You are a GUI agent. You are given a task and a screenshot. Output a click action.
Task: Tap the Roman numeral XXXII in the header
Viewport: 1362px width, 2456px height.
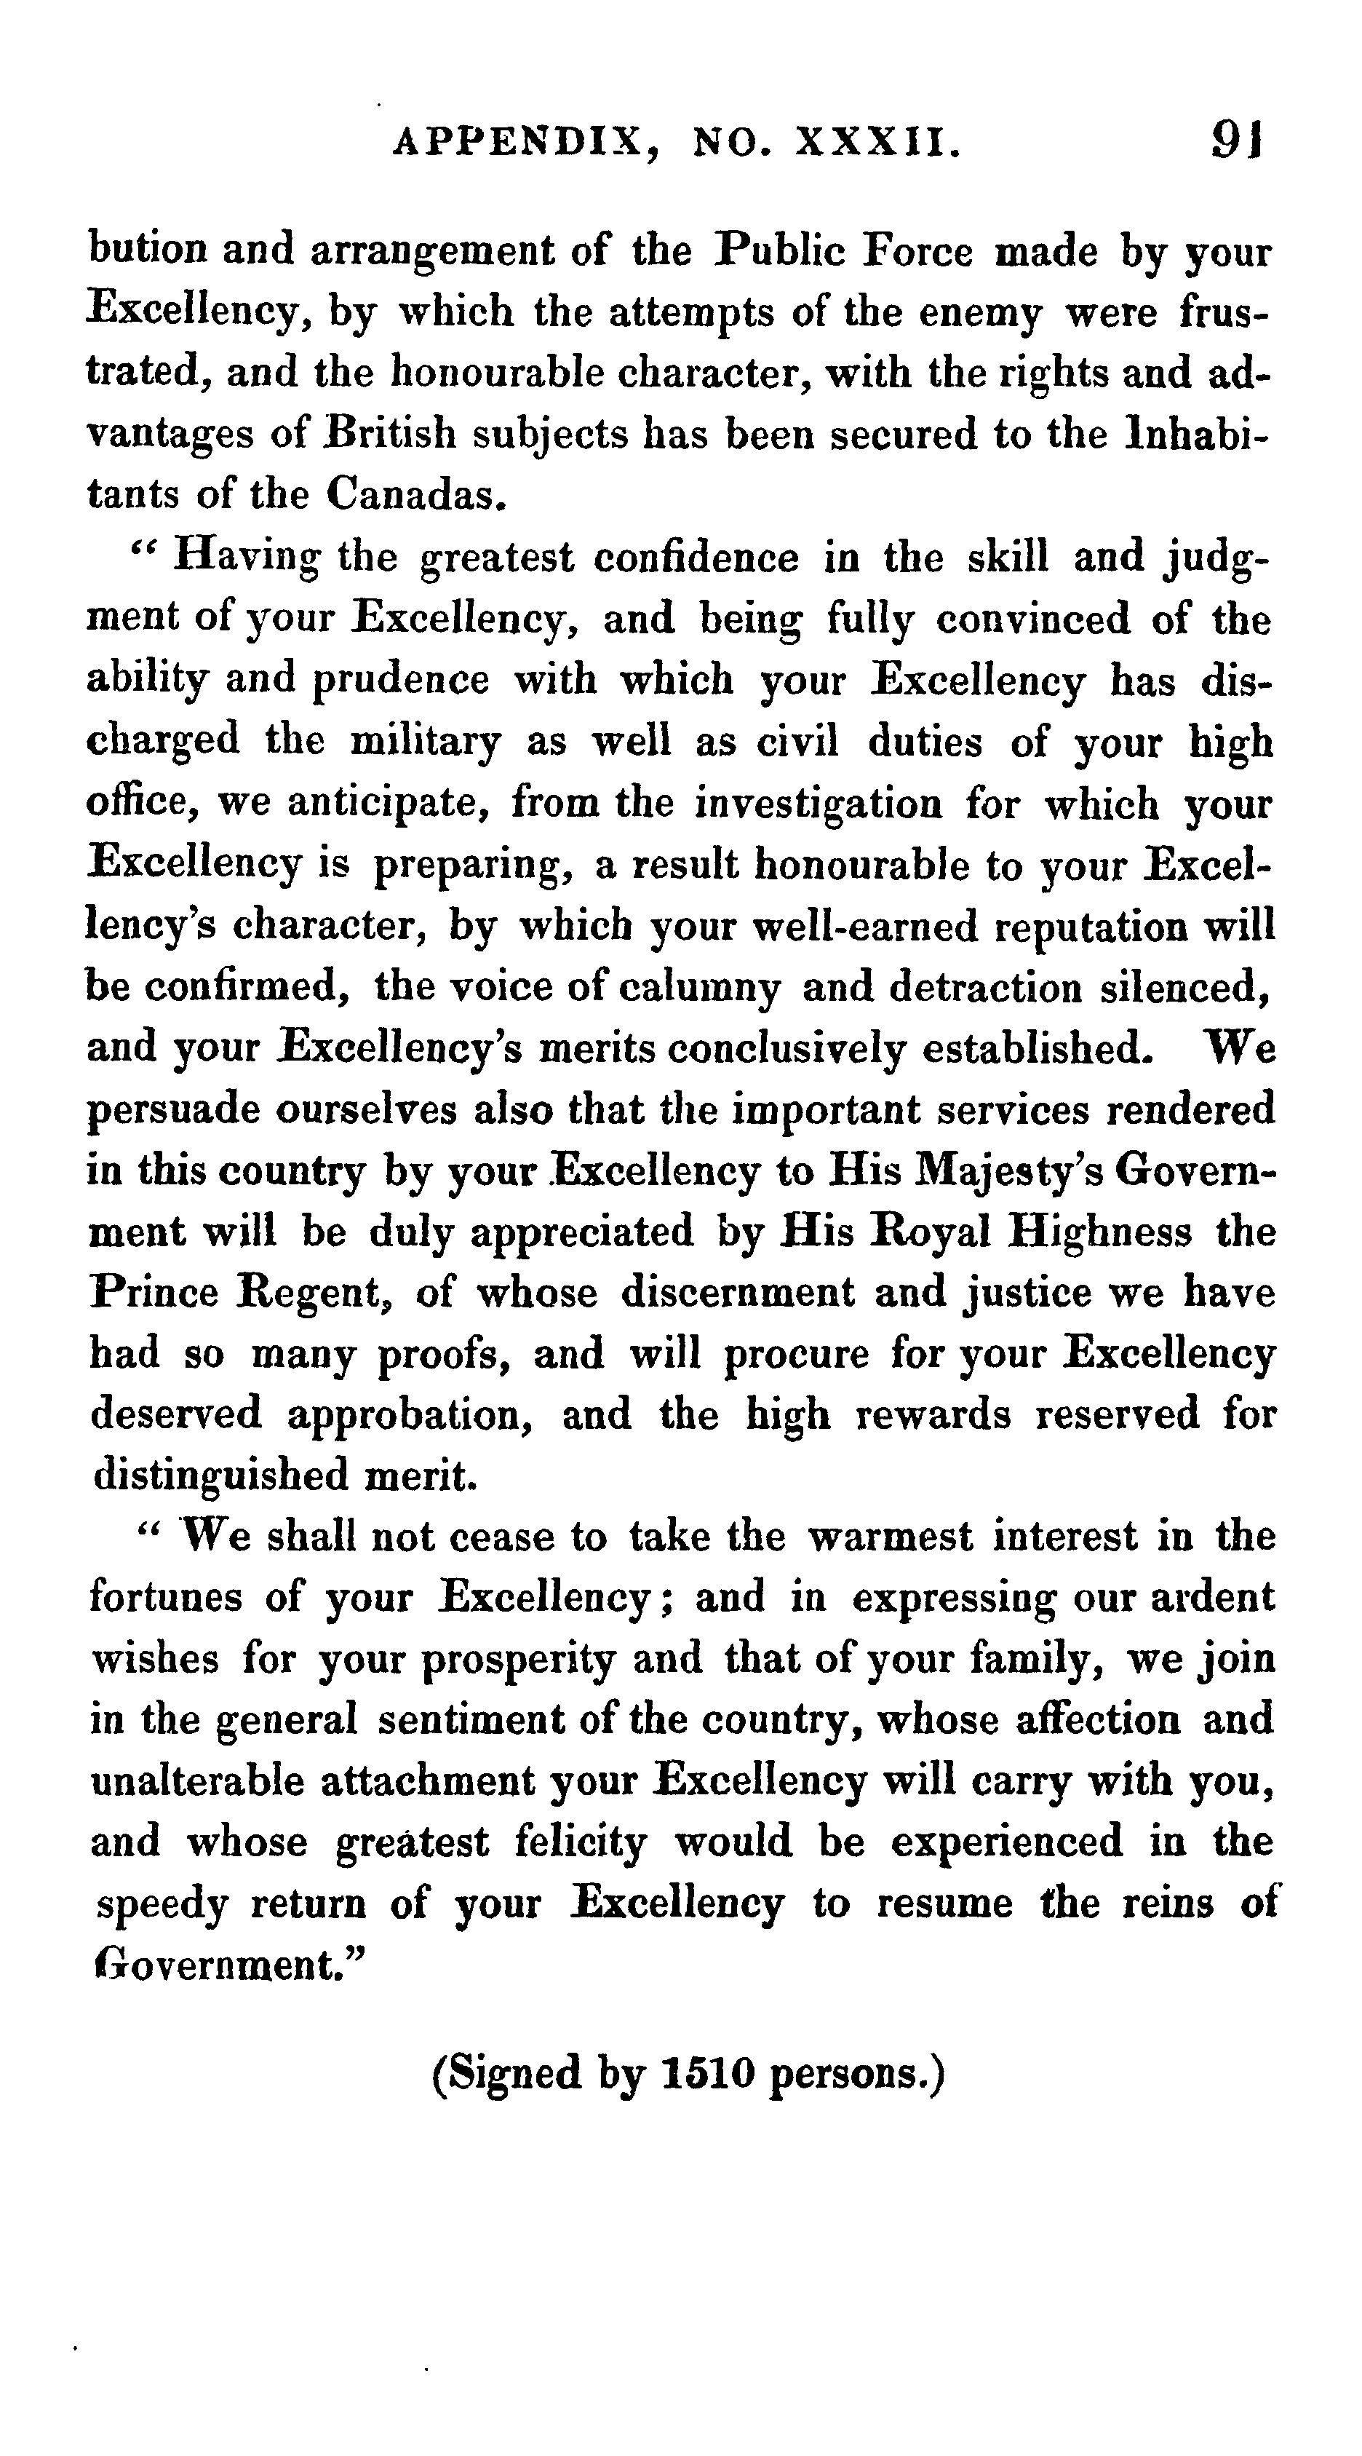pyautogui.click(x=875, y=144)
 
